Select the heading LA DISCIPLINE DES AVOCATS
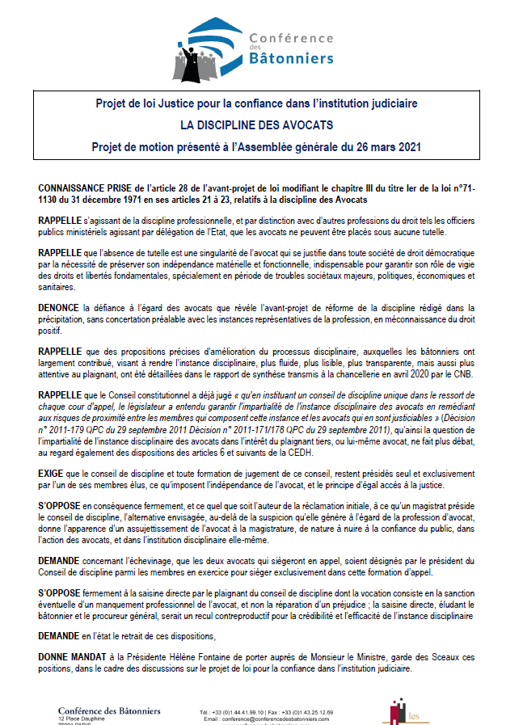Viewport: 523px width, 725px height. click(256, 124)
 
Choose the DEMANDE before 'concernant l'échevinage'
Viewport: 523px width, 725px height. click(60, 559)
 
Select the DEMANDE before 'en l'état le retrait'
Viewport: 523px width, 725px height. click(60, 637)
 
